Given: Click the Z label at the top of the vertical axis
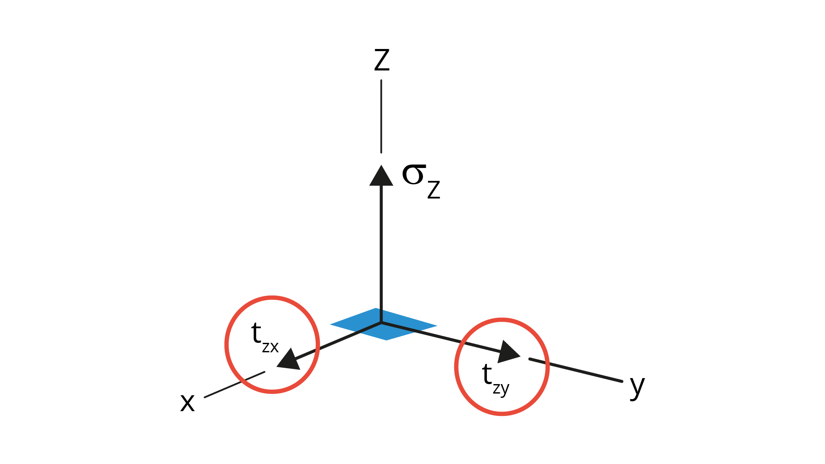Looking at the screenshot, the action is pos(382,60).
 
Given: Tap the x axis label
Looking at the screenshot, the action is pos(187,403).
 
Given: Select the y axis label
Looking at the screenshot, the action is pos(637,387).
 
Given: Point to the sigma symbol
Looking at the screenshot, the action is pos(414,174).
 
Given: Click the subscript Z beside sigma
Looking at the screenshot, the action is pos(434,189).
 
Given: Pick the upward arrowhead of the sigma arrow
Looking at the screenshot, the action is pos(381,175).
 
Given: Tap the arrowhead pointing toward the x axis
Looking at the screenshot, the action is pos(289,360).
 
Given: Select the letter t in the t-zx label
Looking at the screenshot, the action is pos(256,333).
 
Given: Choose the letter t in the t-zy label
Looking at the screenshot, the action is pos(487,374).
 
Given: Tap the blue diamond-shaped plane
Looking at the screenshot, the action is pos(383,324).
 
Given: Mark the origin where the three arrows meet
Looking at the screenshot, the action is pos(381,322).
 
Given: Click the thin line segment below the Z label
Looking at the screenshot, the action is pos(381,116).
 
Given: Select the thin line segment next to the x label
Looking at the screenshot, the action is pos(235,385).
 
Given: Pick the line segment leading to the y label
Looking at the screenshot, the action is pos(576,370).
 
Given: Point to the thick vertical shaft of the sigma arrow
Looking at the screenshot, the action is pos(381,253).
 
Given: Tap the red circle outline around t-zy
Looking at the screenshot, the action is pos(455,367).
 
